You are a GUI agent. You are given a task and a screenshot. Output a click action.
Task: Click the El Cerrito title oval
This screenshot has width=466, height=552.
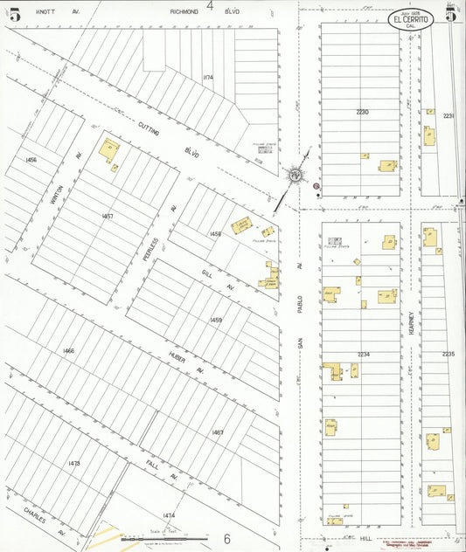coord(410,20)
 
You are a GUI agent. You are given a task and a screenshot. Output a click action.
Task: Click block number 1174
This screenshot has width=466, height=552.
coord(207,78)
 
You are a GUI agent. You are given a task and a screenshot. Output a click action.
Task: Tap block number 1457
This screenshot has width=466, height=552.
coord(108,216)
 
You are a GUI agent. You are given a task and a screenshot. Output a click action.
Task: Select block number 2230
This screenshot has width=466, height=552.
coord(363,112)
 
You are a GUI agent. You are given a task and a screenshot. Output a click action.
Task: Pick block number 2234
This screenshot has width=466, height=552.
coord(364,354)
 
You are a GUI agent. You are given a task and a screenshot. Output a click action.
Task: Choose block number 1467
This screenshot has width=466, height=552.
coord(217,432)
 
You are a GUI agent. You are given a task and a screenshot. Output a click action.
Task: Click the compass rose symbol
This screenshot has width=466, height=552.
coord(296,175)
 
